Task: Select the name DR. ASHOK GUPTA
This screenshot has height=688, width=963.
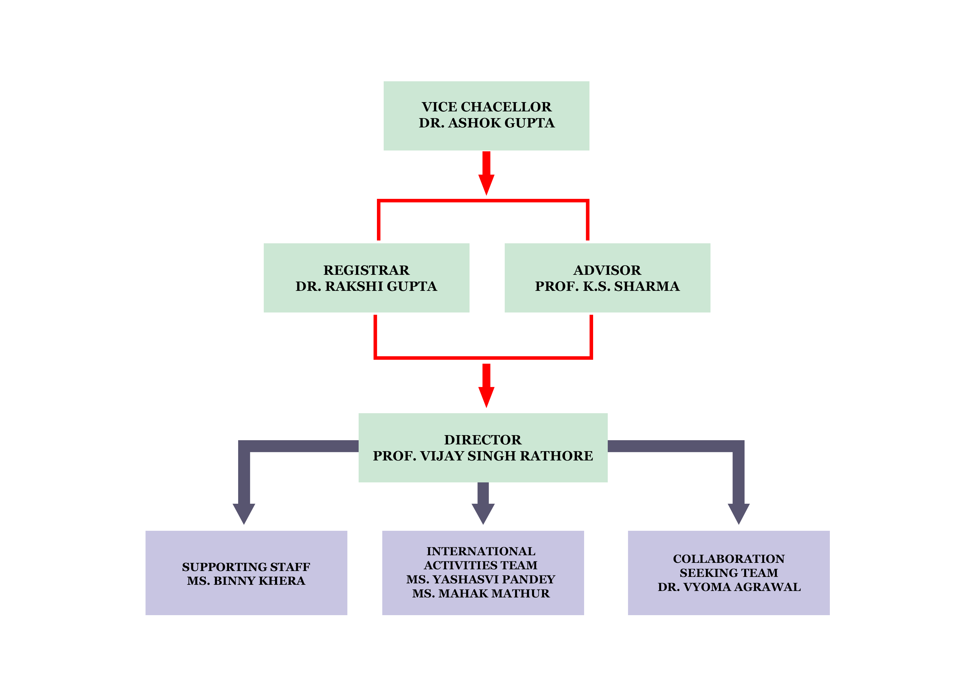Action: click(487, 123)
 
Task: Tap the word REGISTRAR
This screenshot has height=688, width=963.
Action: click(366, 270)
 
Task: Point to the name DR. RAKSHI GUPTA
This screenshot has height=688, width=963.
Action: click(366, 286)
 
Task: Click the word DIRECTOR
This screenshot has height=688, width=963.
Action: click(483, 440)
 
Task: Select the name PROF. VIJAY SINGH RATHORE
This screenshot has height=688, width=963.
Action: click(483, 456)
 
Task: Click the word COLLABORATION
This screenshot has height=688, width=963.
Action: click(729, 559)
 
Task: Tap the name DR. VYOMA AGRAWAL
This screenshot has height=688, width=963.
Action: click(729, 587)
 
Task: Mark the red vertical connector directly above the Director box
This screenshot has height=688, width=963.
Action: click(486, 386)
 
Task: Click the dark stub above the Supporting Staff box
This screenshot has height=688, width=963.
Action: click(244, 515)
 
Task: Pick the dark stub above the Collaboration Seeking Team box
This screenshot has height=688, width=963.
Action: click(738, 515)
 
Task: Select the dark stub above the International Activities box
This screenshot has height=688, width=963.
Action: click(483, 515)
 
